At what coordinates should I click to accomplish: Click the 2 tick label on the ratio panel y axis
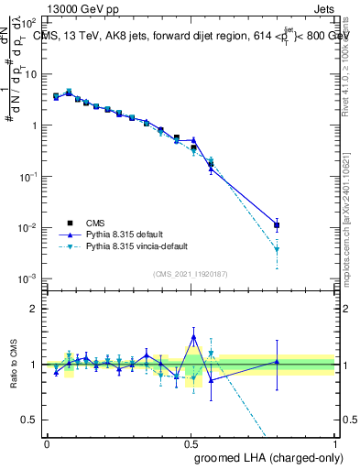(33, 309)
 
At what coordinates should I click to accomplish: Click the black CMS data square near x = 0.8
(277, 224)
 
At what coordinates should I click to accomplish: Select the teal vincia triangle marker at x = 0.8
(277, 249)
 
